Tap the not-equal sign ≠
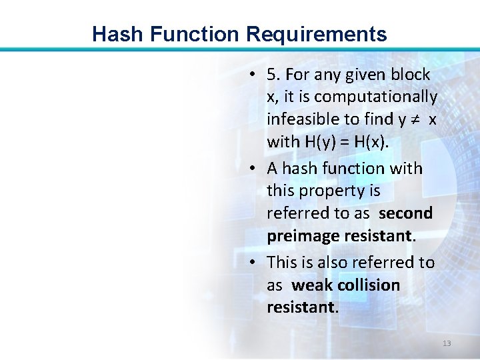413,119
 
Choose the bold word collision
369,285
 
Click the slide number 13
447,343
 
